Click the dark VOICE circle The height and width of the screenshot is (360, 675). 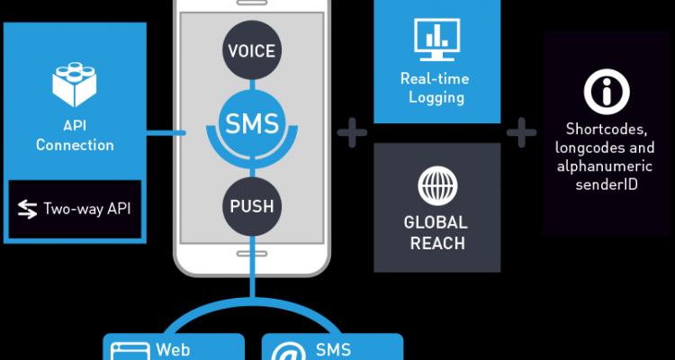(252, 50)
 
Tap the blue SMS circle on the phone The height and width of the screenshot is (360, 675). (252, 123)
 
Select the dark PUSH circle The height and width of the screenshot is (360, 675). (252, 206)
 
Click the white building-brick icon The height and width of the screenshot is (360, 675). (75, 85)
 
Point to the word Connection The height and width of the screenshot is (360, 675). (75, 145)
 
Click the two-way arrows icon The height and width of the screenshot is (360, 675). (28, 210)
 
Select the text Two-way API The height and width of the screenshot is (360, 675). (87, 210)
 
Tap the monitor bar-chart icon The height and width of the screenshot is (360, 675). (436, 40)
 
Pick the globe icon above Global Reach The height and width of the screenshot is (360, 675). (437, 186)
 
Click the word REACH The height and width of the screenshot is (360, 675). (437, 243)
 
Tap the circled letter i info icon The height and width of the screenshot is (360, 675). (607, 92)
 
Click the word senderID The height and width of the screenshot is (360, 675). (607, 184)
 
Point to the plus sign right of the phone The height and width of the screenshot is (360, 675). (352, 132)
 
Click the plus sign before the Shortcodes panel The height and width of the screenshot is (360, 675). (522, 132)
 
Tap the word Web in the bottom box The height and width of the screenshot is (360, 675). (173, 350)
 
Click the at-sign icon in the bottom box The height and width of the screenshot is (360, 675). (288, 351)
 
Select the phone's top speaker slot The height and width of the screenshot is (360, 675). (252, 2)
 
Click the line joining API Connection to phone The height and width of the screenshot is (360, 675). (166, 133)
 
